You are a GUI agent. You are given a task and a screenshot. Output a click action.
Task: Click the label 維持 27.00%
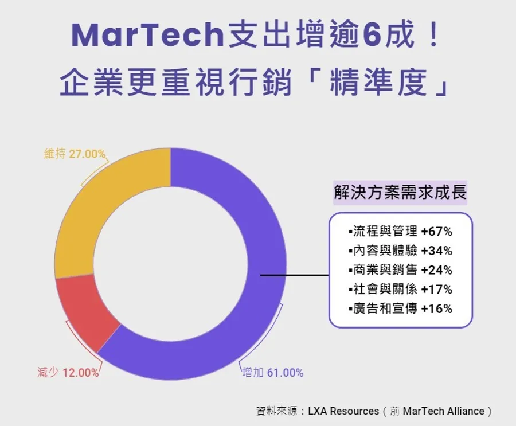(75, 154)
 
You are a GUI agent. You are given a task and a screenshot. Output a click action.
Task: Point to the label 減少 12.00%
(68, 373)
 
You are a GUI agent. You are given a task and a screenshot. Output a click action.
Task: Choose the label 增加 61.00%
(272, 373)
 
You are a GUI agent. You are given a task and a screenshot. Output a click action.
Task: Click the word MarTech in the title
(148, 36)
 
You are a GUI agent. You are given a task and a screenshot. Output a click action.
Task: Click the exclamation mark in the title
(434, 35)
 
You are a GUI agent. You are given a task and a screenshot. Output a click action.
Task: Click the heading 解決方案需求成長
(400, 192)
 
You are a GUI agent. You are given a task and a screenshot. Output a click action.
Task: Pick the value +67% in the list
(437, 232)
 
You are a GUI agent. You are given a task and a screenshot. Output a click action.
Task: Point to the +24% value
(437, 270)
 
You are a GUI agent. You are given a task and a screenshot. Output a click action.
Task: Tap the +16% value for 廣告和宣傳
(437, 309)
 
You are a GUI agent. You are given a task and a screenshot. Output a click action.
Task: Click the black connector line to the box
(295, 275)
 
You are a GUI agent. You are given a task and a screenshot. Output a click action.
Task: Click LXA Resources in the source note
(343, 411)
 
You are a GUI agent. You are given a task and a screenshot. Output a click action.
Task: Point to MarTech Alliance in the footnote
(444, 411)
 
